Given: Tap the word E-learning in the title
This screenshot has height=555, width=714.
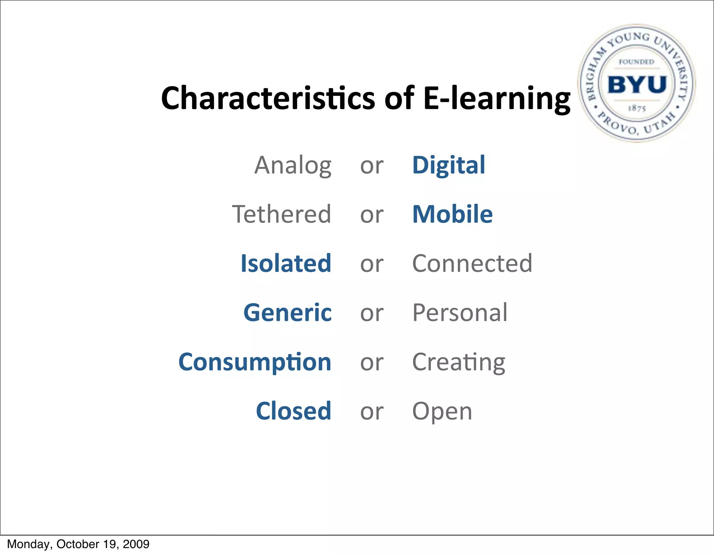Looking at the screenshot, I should (x=496, y=98).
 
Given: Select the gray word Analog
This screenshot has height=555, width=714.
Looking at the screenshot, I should (x=293, y=165).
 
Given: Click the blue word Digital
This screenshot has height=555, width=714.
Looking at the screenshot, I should (x=448, y=165).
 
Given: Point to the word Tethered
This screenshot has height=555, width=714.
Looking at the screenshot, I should (x=281, y=214).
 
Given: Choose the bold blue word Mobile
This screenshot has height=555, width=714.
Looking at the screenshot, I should (x=452, y=214).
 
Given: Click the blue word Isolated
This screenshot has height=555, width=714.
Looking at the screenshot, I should (x=286, y=263).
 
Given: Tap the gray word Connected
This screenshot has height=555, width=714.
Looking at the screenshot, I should (x=472, y=263).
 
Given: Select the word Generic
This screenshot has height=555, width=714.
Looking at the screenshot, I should (x=287, y=313).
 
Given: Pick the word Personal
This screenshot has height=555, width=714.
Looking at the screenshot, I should (x=459, y=313).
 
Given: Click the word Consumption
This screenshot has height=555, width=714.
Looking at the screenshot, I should (x=255, y=362).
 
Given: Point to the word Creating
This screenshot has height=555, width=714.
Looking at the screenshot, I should (x=458, y=362).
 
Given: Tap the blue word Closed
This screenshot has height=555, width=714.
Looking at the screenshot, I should (x=293, y=411).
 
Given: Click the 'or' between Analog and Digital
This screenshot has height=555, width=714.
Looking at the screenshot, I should (x=372, y=166).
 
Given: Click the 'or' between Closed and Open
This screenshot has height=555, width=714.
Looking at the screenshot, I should (x=372, y=412).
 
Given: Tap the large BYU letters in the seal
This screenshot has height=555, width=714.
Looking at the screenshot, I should (x=637, y=84).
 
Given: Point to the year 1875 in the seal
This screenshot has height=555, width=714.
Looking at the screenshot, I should (x=637, y=108).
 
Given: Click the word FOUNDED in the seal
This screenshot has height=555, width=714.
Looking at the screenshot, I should (x=636, y=62).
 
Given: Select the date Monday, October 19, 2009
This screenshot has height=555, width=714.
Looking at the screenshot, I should (x=78, y=544).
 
